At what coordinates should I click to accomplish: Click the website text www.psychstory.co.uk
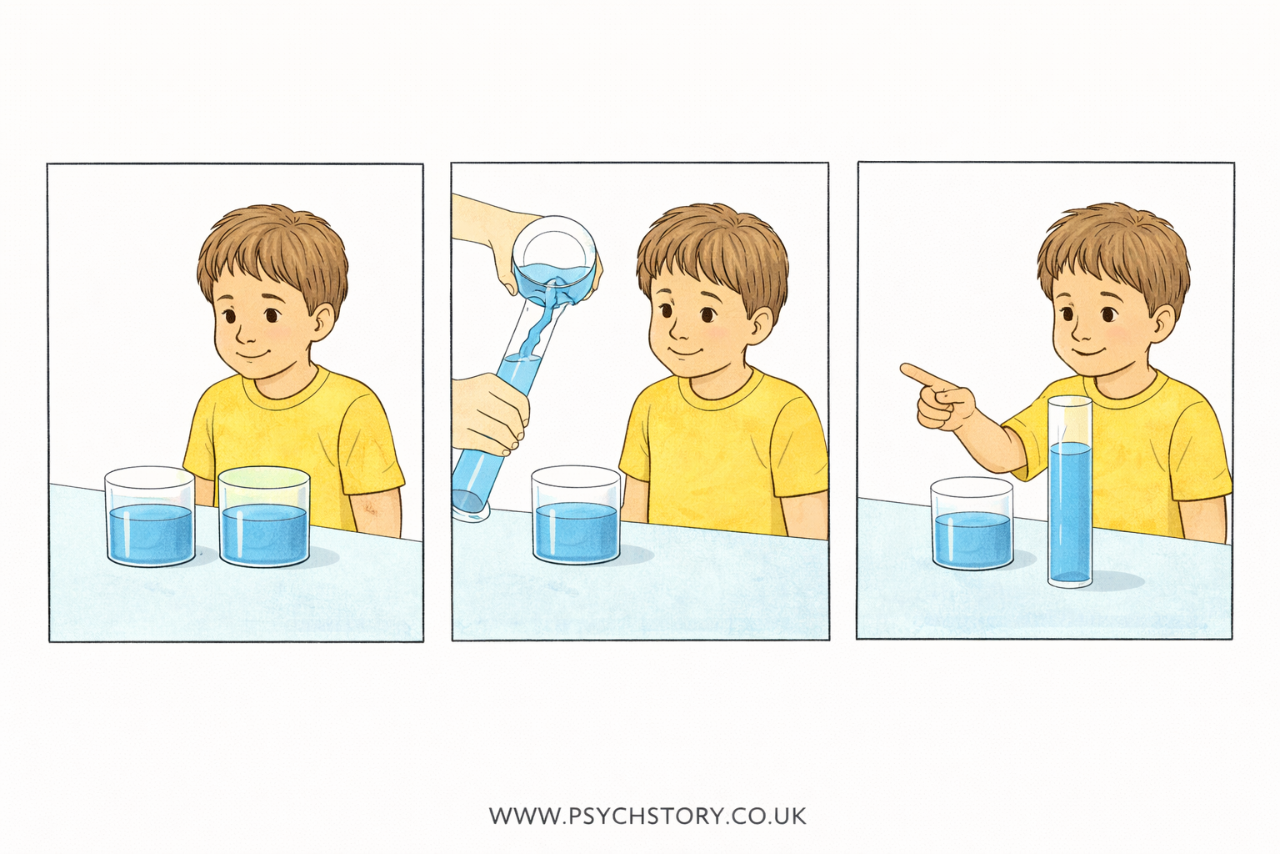(x=647, y=815)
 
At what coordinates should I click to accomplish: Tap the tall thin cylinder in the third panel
(x=1070, y=492)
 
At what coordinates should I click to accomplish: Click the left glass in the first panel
(x=150, y=517)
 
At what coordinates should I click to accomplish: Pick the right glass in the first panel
(x=264, y=518)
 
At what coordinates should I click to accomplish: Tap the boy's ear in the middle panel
(x=760, y=325)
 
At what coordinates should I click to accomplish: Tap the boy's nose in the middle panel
(x=678, y=336)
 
